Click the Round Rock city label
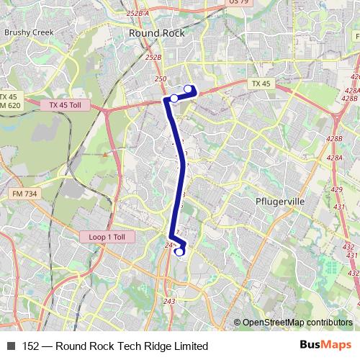coord(156,33)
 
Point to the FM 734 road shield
coord(24,194)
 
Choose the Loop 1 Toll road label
coord(107,236)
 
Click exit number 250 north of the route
coord(160,79)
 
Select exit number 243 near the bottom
coord(169,301)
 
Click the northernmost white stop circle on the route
coord(189,89)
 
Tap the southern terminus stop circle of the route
coord(179,251)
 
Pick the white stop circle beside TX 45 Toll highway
coord(174,98)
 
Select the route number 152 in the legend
coord(32,346)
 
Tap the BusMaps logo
coord(325,345)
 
